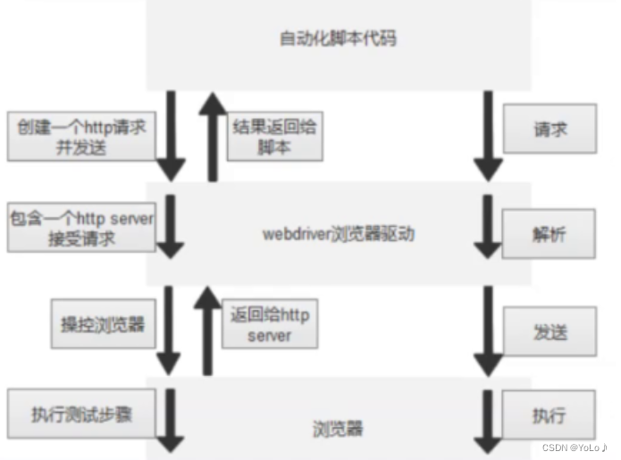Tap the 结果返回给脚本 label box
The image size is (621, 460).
click(x=273, y=137)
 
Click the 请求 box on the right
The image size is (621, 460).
click(x=550, y=129)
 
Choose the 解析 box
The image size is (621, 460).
click(x=549, y=233)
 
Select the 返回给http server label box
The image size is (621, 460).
click(x=269, y=323)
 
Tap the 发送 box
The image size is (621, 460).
click(x=549, y=332)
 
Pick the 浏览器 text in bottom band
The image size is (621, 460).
click(x=339, y=429)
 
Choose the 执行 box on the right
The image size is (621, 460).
click(x=549, y=416)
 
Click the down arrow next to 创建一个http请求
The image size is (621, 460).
click(x=170, y=134)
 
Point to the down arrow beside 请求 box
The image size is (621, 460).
click(x=489, y=134)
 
